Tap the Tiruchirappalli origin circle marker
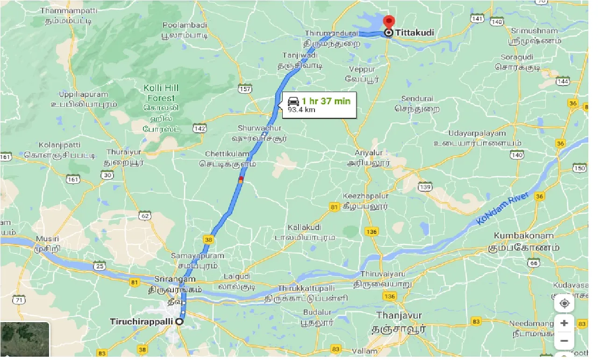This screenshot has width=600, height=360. pos(180,322)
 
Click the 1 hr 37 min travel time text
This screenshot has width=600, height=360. pos(326,101)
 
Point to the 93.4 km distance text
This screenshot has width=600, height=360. pos(301,109)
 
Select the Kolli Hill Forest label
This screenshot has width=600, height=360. pos(161,93)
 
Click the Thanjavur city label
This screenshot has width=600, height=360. pos(400,316)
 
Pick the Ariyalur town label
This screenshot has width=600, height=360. pos(369,153)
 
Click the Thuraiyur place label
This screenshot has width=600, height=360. pos(121,152)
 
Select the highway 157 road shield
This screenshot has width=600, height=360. pos(244,89)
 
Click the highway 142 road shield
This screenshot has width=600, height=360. pos(200,128)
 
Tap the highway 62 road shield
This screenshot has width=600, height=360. pos(145,215)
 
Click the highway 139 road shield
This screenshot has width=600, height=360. pos(425,187)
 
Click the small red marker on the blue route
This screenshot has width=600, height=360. pos(241,179)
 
